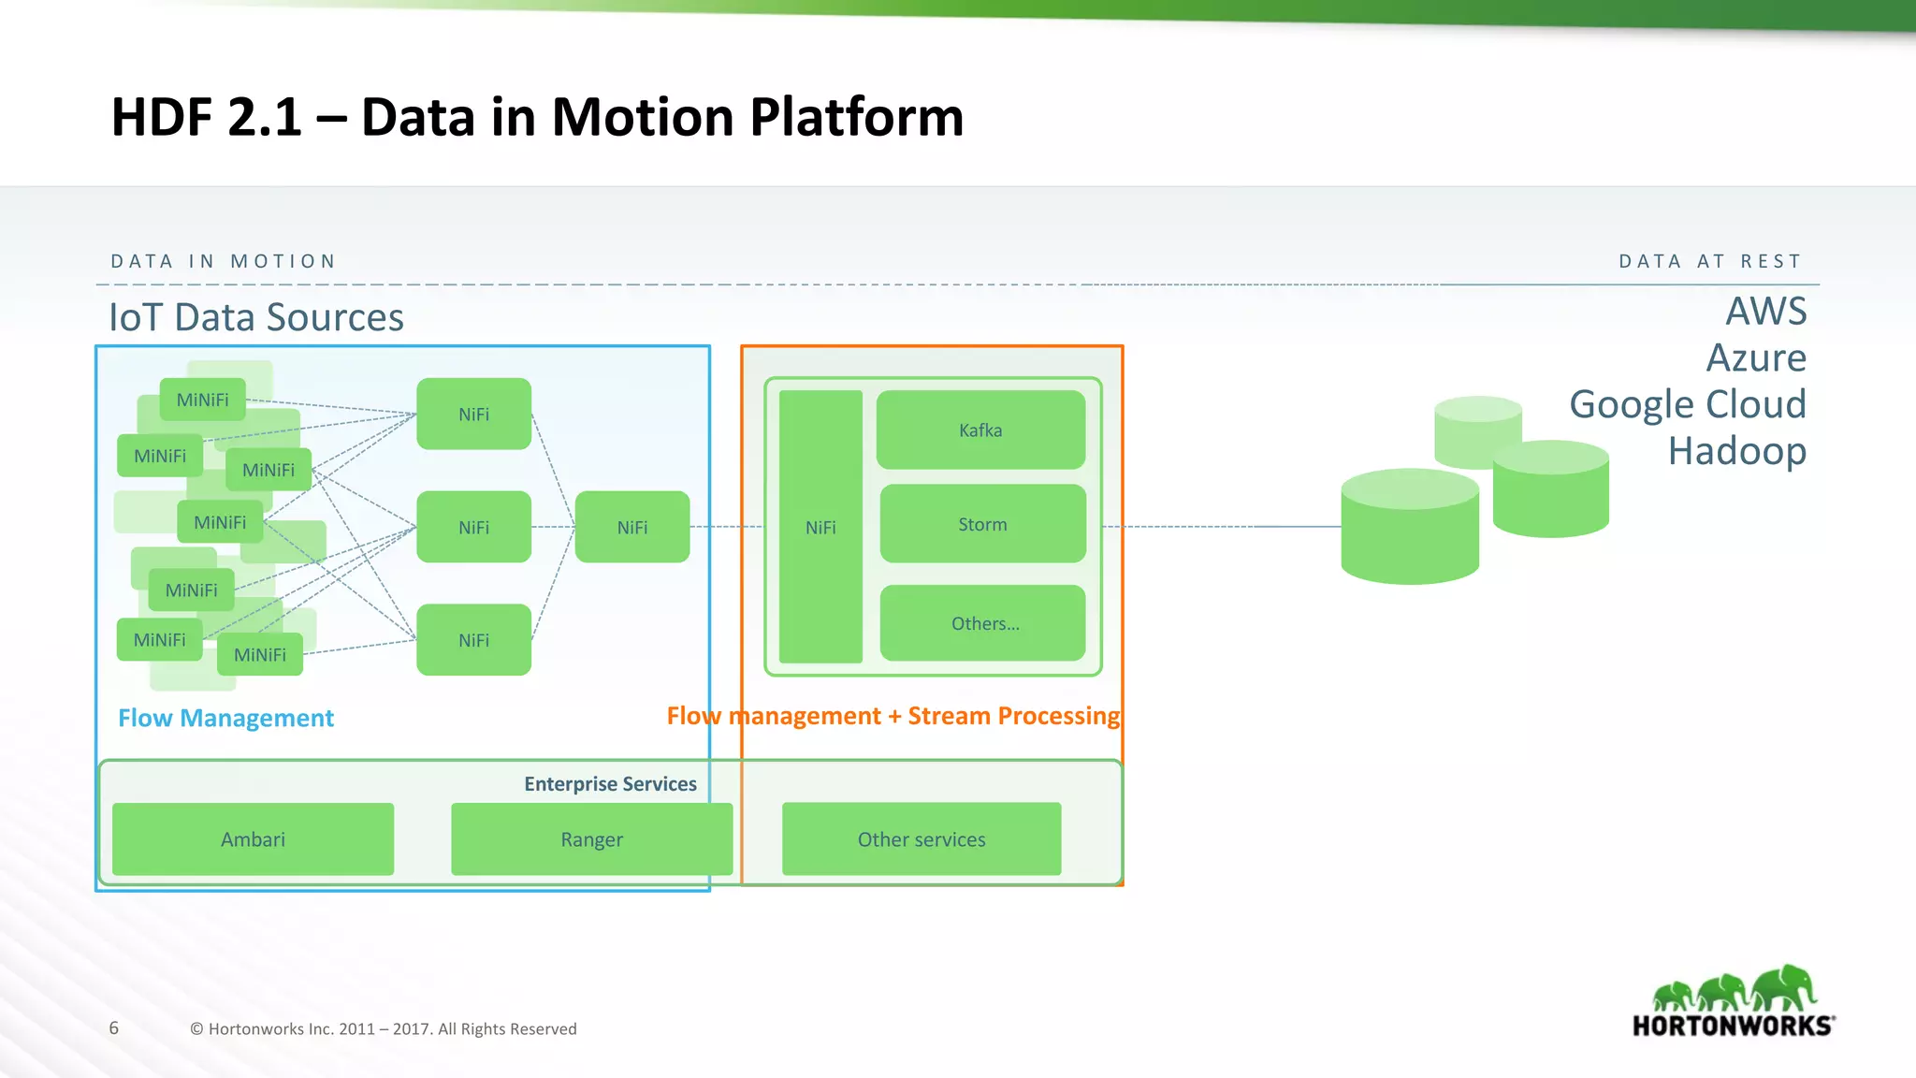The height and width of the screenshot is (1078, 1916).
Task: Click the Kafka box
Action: click(980, 430)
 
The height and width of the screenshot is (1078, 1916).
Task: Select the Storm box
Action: click(982, 524)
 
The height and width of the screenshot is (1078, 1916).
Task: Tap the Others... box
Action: click(983, 623)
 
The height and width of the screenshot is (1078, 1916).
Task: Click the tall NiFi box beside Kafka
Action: click(820, 527)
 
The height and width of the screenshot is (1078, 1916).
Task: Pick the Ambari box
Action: click(253, 839)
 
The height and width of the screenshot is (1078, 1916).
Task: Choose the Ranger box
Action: click(591, 839)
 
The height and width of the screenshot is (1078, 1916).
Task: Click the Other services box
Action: click(922, 839)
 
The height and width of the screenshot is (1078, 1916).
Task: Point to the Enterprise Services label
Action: click(610, 784)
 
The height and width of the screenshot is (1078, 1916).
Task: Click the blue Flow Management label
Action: click(225, 718)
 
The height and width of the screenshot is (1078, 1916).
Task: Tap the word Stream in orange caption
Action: click(949, 716)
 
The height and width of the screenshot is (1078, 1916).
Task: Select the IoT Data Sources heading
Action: click(256, 317)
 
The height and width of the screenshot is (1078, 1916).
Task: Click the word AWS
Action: click(1765, 312)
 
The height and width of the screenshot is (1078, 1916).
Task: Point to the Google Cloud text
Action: click(1687, 404)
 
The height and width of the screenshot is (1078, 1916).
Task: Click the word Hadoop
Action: click(1736, 451)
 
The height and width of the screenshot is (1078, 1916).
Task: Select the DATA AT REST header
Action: click(1709, 261)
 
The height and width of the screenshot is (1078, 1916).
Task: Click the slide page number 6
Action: click(114, 1027)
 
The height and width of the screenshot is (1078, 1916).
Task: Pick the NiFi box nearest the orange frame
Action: click(632, 527)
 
